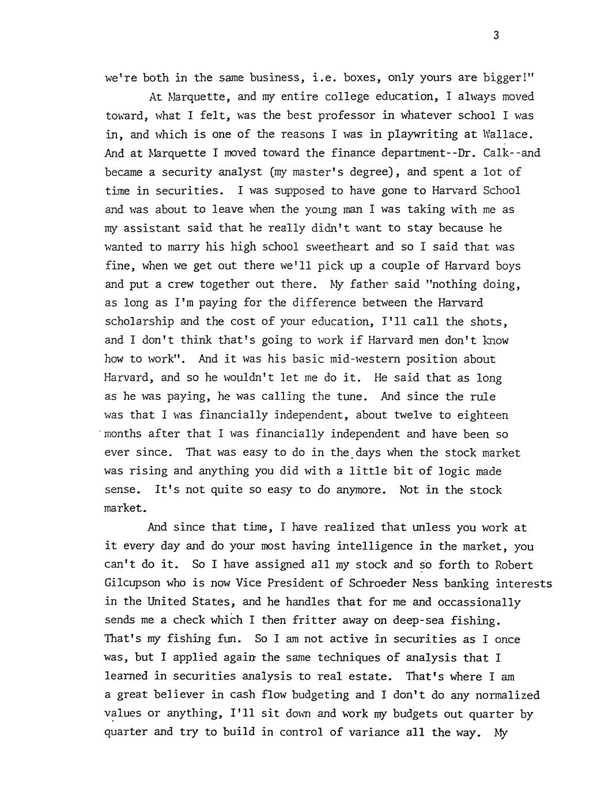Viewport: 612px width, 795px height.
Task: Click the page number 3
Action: (x=496, y=36)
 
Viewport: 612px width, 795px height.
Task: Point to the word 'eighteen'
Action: (x=483, y=415)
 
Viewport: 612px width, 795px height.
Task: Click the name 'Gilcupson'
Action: (x=134, y=583)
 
